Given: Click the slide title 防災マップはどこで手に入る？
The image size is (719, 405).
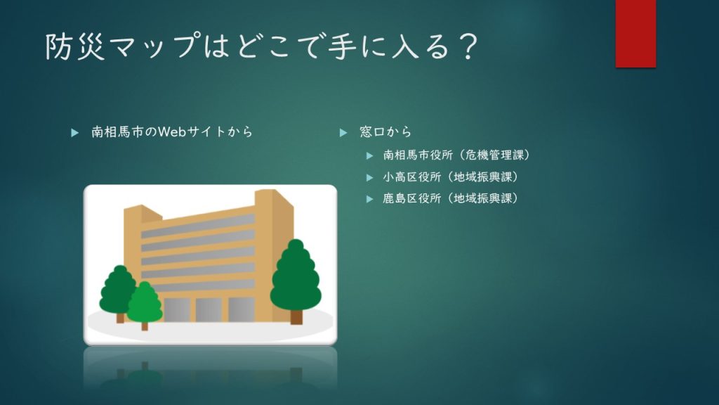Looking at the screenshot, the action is click(x=262, y=46).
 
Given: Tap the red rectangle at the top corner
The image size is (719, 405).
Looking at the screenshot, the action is click(x=635, y=34).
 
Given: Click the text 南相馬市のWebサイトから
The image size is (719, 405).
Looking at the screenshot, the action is click(x=172, y=132).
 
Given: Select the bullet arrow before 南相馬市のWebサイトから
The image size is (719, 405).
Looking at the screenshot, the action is click(x=74, y=133).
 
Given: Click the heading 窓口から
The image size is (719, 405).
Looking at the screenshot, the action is click(x=385, y=132).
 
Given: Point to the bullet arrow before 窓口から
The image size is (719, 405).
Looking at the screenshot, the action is click(x=343, y=133).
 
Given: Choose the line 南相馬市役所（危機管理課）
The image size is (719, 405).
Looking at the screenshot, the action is click(x=456, y=155).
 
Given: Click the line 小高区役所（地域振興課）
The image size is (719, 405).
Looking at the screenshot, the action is click(x=450, y=176).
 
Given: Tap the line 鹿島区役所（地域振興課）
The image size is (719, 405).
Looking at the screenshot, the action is click(x=450, y=198).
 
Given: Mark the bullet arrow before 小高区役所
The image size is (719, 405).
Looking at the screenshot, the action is click(x=369, y=178).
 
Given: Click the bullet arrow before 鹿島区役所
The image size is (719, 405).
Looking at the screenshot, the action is click(x=369, y=199).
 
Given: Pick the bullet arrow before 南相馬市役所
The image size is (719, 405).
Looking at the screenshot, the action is click(x=369, y=156).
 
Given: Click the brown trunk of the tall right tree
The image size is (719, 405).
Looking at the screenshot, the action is click(x=297, y=317).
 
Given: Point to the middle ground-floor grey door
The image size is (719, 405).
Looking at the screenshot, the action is click(x=209, y=310).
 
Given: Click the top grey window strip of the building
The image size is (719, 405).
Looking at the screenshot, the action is click(x=197, y=226).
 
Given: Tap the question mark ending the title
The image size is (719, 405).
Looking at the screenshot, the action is click(x=468, y=46).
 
